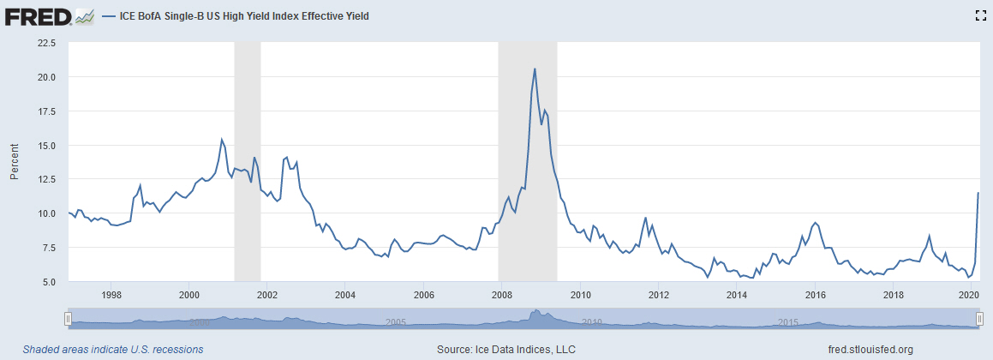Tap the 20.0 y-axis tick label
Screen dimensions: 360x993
point(45,77)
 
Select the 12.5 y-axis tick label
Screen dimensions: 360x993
point(45,179)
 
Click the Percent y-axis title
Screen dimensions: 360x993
point(15,162)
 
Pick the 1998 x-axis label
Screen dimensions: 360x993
point(111,296)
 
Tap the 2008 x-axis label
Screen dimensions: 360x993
point(502,296)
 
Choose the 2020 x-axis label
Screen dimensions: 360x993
point(969,296)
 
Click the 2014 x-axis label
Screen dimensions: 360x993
point(737,296)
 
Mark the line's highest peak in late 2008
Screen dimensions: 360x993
point(535,69)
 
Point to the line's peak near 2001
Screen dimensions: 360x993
point(222,139)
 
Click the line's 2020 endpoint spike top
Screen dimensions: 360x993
point(978,193)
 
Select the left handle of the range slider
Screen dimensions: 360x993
point(67,318)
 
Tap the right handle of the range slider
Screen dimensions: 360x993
point(980,318)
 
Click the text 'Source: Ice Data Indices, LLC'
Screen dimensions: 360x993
point(506,349)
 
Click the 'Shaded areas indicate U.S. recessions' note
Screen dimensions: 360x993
point(113,349)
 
